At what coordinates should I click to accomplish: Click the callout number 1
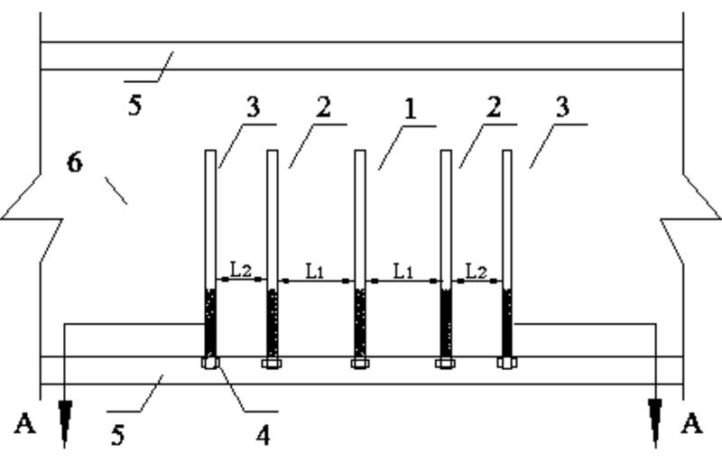pos(409,110)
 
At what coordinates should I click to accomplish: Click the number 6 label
pos(75,163)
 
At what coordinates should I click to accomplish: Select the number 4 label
pos(263,435)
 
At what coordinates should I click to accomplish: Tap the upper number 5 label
pos(135,106)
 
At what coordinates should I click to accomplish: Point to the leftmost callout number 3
pos(252,107)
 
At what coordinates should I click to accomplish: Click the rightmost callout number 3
pos(562,107)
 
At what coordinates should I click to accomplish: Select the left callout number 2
pos(322,107)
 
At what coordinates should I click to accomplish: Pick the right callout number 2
pos(493,107)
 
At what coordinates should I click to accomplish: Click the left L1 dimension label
pos(314,269)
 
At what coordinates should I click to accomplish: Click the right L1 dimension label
pos(403,269)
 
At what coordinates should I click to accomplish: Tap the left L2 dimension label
pos(239,269)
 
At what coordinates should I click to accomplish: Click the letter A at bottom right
pos(692,424)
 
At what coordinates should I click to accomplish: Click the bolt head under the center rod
pos(359,364)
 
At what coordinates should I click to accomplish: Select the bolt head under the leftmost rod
pos(209,364)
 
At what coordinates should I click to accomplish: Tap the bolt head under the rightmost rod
pos(506,364)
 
